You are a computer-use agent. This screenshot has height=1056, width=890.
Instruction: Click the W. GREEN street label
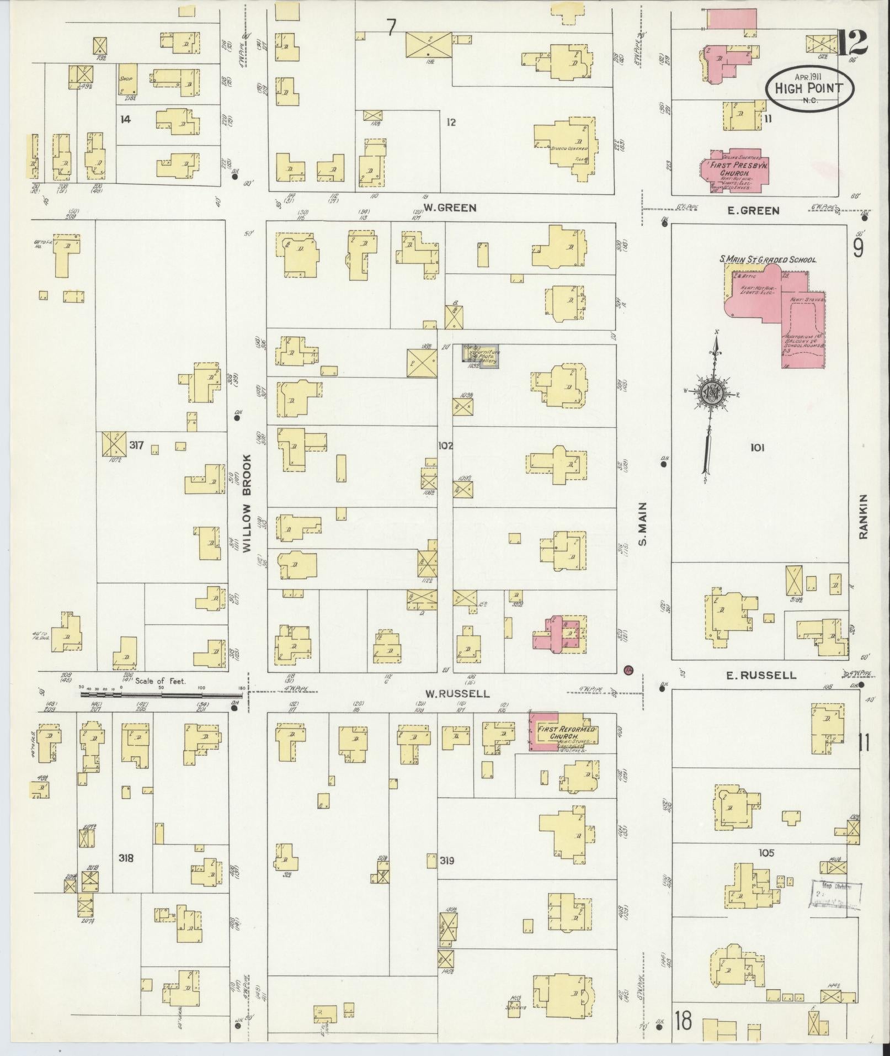click(x=449, y=208)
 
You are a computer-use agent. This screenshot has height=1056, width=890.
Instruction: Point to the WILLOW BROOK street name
click(x=247, y=503)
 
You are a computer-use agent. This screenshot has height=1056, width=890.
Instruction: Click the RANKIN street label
click(x=864, y=516)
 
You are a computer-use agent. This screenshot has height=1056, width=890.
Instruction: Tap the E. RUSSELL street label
click(x=761, y=675)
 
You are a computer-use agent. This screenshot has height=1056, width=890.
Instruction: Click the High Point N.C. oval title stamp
click(x=809, y=88)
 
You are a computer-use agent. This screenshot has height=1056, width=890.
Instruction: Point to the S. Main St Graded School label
click(x=768, y=259)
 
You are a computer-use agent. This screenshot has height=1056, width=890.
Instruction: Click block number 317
click(x=137, y=444)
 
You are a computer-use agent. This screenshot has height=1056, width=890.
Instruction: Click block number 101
click(x=757, y=448)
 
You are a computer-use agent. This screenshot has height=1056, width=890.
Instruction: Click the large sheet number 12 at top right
click(x=851, y=43)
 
